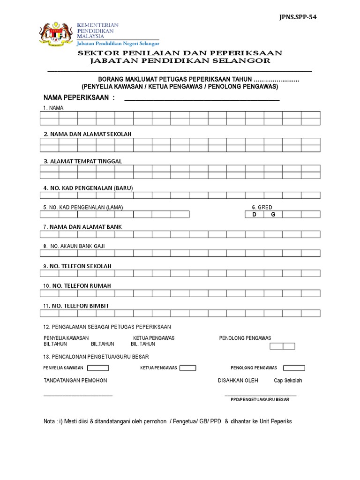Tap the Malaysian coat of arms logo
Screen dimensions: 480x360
pyautogui.click(x=56, y=35)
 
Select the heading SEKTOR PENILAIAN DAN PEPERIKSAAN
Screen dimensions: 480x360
pyautogui.click(x=180, y=53)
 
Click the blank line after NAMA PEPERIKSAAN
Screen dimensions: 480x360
pyautogui.click(x=202, y=100)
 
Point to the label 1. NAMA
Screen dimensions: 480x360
pyautogui.click(x=53, y=108)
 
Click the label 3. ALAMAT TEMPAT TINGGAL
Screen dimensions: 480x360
pyautogui.click(x=82, y=161)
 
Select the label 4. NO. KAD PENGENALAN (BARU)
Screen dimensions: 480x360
pyautogui.click(x=89, y=188)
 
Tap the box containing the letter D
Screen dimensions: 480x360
pyautogui.click(x=255, y=215)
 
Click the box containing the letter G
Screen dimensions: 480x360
pyautogui.click(x=273, y=215)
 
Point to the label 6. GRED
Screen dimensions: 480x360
pyautogui.click(x=262, y=207)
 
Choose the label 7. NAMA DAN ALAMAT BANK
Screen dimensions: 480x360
pyautogui.click(x=82, y=227)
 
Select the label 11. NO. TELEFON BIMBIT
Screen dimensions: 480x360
pyautogui.click(x=76, y=306)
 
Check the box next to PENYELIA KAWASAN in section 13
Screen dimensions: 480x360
pyautogui.click(x=98, y=368)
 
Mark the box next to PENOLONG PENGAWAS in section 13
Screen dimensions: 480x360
pyautogui.click(x=294, y=368)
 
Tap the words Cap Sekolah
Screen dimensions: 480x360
pyautogui.click(x=288, y=381)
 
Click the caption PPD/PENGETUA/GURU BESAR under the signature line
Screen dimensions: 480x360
pyautogui.click(x=260, y=400)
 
